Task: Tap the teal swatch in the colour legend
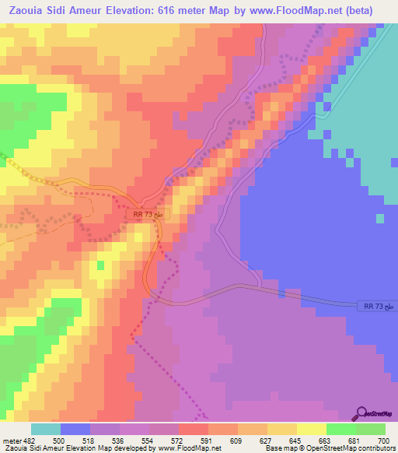(x=46, y=429)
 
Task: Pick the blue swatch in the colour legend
(x=75, y=429)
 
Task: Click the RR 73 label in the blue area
(x=379, y=307)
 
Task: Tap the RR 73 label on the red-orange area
(x=148, y=213)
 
